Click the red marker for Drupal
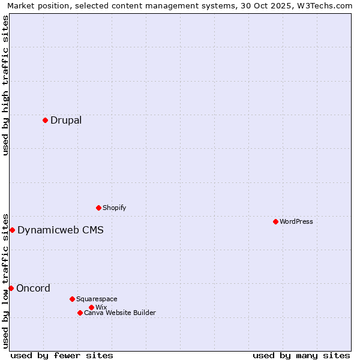[45, 120]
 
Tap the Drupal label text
[66, 120]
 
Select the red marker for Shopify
[98, 208]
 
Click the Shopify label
[114, 208]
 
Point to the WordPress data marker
[275, 221]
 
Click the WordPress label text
[296, 221]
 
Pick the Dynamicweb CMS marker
[12, 230]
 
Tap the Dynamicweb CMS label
[61, 230]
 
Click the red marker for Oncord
[11, 288]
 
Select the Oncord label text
[33, 288]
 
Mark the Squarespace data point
[72, 299]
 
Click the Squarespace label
[97, 299]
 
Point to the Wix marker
[91, 307]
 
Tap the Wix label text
[101, 307]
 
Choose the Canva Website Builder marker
[80, 313]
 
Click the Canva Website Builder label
[120, 313]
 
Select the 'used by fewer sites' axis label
[62, 355]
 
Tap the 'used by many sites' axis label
[301, 355]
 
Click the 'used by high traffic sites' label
[5, 85]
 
